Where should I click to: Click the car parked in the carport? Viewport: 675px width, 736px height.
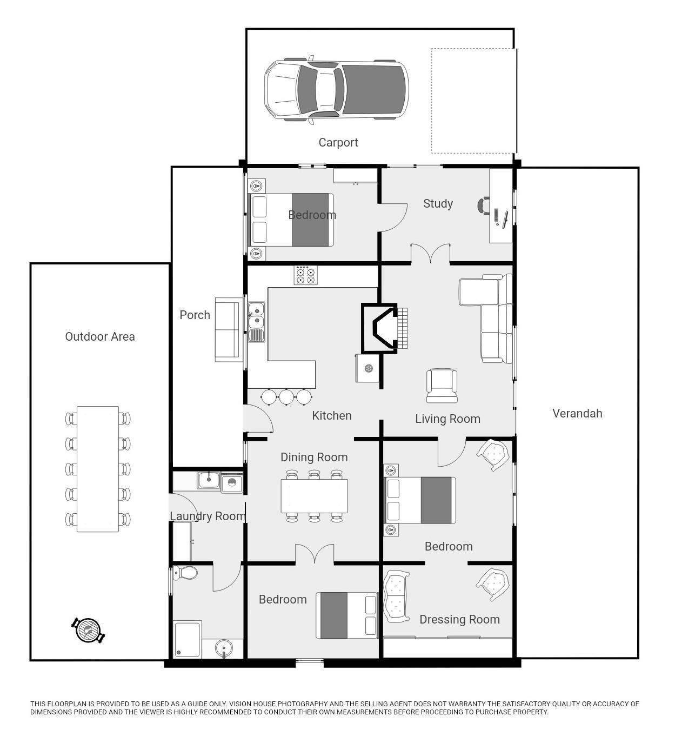[x=336, y=90]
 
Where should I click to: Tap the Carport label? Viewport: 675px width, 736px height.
[x=338, y=143]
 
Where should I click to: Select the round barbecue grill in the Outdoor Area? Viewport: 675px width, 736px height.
[x=88, y=630]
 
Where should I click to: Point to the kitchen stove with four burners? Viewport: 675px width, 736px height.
[x=305, y=275]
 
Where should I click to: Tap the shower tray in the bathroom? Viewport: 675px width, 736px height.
[x=188, y=639]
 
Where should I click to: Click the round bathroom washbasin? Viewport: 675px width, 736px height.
[x=224, y=647]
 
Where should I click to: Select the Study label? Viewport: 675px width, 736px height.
[x=438, y=204]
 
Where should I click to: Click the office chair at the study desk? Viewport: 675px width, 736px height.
[x=483, y=205]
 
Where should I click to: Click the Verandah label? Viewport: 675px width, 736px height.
[x=577, y=414]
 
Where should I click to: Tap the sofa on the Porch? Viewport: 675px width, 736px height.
[x=227, y=329]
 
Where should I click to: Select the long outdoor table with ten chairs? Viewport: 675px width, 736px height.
[x=98, y=469]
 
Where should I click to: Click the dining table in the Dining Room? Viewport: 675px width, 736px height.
[x=314, y=496]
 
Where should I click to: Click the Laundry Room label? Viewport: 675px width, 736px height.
[x=208, y=516]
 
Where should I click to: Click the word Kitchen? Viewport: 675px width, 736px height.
[x=331, y=416]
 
